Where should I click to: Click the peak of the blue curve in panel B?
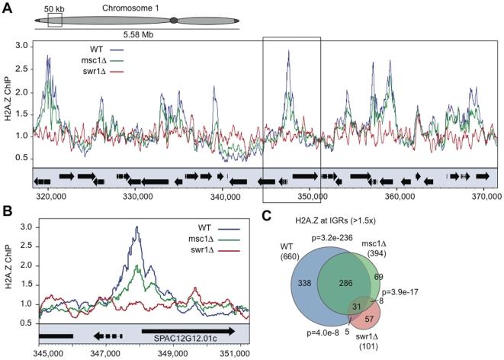pos(136,227)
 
